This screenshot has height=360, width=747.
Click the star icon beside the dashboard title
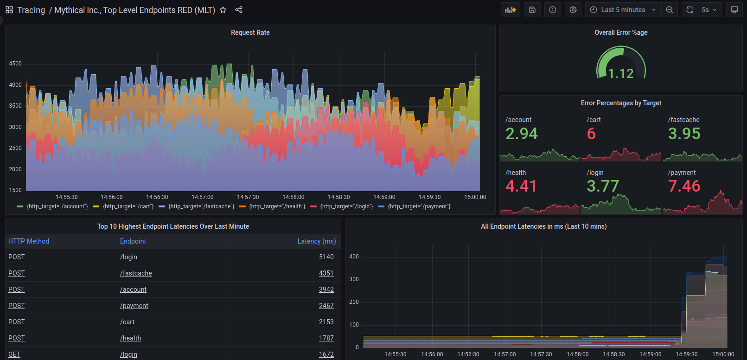coord(223,10)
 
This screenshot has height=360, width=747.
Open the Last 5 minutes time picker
coord(623,10)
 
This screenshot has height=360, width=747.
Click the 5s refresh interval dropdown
coord(709,10)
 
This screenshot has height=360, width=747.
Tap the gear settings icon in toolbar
coord(573,10)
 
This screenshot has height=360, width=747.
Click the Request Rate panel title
coord(250,32)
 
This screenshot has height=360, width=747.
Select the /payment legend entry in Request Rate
coord(419,206)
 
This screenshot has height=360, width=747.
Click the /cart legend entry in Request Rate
coord(128,206)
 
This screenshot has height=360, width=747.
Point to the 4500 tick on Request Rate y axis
coord(15,64)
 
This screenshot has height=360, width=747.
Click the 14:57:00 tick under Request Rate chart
coord(202,197)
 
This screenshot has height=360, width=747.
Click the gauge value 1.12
coord(621,73)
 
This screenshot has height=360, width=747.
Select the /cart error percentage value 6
coord(591,134)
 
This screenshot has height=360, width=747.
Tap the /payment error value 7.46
coord(684,186)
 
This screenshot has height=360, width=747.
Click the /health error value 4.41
coord(521,186)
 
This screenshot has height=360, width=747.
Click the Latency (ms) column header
coord(316,241)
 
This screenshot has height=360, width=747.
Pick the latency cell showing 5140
coord(326,257)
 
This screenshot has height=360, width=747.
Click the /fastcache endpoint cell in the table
coord(136,273)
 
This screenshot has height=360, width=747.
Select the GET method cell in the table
coord(14,354)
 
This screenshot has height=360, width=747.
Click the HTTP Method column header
coord(29,241)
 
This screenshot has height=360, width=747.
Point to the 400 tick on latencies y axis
coord(354,257)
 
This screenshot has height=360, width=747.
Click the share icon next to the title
coord(239,10)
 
